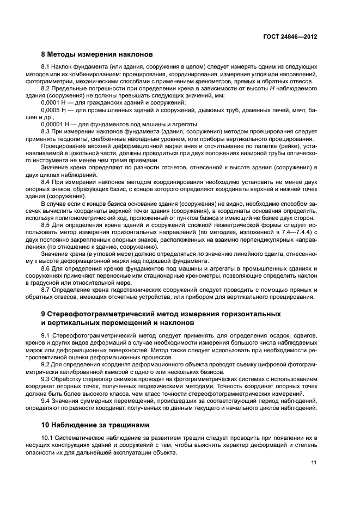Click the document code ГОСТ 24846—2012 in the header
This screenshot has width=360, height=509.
pyautogui.click(x=290, y=36)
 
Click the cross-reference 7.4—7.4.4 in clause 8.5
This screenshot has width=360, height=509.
pyautogui.click(x=295, y=232)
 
